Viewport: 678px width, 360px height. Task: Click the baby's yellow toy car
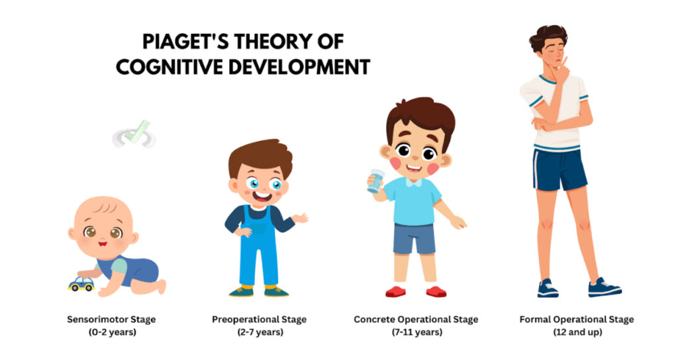[81, 284]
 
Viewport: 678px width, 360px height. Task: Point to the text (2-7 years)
[260, 332]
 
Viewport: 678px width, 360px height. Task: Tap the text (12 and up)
[576, 332]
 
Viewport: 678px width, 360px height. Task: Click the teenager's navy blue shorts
[559, 169]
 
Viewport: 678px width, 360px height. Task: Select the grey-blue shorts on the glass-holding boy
[414, 238]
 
